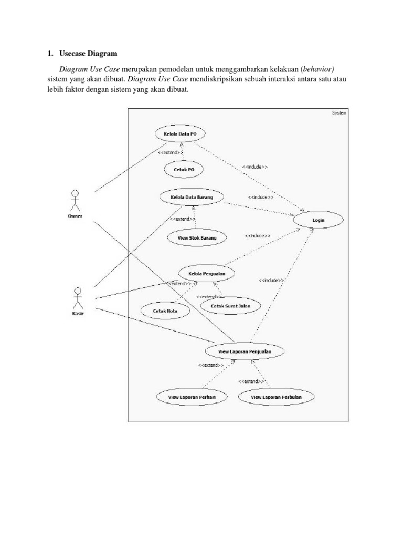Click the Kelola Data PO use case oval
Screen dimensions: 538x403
[x=180, y=134]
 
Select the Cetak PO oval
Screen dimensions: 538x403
[x=183, y=169]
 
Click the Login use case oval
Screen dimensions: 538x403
[x=319, y=220]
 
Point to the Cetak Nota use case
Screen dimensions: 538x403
[x=165, y=311]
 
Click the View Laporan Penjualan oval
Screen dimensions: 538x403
[x=244, y=350]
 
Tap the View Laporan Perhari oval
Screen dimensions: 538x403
[x=186, y=397]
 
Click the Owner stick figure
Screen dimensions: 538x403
[x=75, y=200]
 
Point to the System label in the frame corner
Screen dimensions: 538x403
[x=339, y=112]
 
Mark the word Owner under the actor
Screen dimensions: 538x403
[x=75, y=215]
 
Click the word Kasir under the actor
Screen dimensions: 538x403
[x=78, y=314]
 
